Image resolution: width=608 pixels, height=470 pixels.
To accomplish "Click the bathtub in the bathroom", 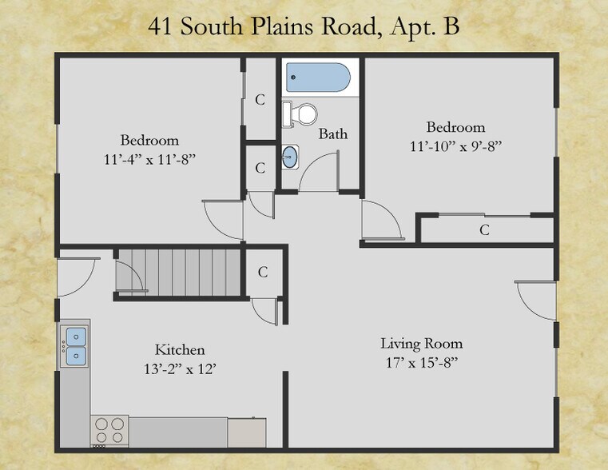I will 318,79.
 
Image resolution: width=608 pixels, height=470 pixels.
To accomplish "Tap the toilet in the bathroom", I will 300,114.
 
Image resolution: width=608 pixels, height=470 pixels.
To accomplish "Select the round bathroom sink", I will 292,157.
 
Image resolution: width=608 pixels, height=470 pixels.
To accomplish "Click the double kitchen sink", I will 76,345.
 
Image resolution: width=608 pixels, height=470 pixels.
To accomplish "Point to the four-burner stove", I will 109,431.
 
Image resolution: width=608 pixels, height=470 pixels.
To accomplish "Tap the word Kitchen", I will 180,350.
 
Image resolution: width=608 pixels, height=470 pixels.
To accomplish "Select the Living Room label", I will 421,344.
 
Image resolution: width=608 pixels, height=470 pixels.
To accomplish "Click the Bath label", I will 333,133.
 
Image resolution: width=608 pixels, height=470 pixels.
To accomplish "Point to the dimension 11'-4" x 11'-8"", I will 150,158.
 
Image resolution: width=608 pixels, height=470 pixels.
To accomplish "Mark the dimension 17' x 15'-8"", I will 421,362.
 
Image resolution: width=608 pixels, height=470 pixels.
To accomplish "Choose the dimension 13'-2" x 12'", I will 180,368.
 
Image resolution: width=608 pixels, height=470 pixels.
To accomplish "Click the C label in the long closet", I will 484,230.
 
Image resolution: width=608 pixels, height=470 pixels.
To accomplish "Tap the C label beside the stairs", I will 263,272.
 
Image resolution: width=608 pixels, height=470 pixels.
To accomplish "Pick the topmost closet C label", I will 260,100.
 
